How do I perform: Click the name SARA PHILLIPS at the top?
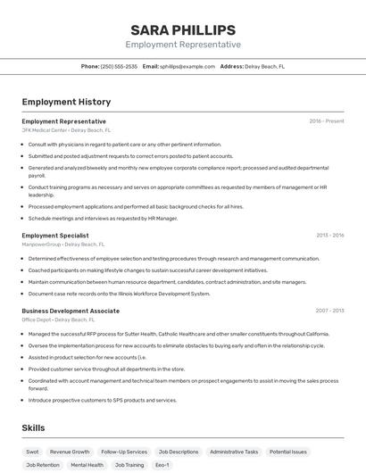tap(183, 29)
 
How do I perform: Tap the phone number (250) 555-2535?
tap(119, 66)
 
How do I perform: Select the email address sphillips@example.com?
tap(187, 66)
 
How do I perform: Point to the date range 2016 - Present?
tap(326, 120)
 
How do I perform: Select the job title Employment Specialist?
tap(54, 235)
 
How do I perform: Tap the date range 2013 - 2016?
tap(329, 235)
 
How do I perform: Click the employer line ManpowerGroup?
tap(62, 244)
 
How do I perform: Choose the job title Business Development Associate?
tap(71, 311)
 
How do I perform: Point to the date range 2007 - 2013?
tap(329, 311)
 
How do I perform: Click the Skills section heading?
tap(33, 428)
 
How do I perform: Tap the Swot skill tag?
tap(32, 452)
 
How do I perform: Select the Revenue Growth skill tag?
tap(70, 452)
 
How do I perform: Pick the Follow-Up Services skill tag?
tap(124, 452)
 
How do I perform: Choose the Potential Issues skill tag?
tap(288, 452)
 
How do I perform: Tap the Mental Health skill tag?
tap(87, 465)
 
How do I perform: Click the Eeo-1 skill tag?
tap(162, 465)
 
